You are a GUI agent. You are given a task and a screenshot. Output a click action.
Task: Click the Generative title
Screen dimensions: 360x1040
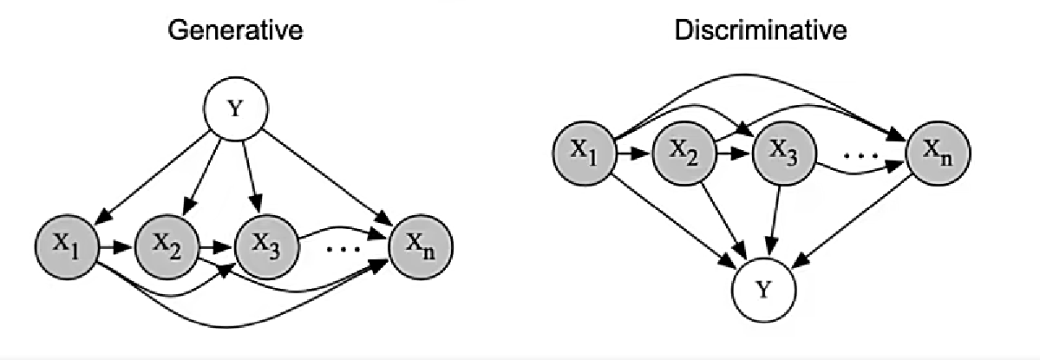click(235, 32)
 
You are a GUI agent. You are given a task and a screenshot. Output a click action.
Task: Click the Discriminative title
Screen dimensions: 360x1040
click(761, 32)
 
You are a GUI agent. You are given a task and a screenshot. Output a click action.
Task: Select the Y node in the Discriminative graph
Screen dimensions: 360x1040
click(762, 290)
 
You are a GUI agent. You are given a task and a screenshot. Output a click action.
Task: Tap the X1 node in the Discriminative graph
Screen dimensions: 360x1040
click(585, 153)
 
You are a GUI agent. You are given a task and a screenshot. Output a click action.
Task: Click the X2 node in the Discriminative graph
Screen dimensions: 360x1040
click(685, 153)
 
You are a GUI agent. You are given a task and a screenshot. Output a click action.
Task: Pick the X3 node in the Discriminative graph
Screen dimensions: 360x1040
click(783, 153)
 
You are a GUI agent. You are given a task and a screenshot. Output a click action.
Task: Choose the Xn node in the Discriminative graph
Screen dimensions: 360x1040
click(938, 153)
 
